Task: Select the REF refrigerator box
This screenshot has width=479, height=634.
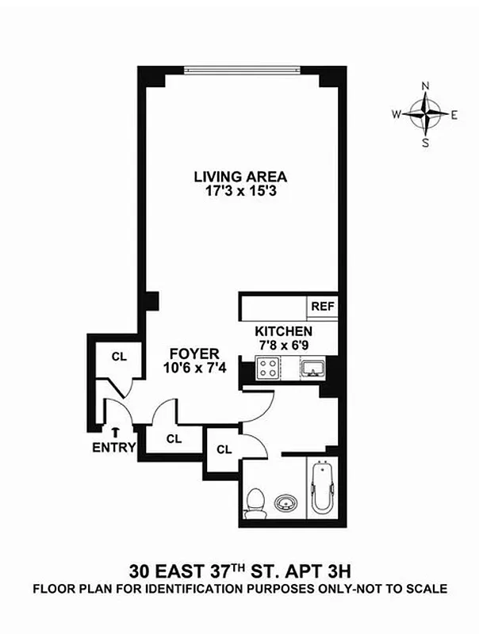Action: (x=322, y=306)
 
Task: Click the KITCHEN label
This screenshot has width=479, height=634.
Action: (x=283, y=331)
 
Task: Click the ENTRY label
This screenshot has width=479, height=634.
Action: (x=116, y=447)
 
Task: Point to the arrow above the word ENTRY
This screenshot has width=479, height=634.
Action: (x=116, y=432)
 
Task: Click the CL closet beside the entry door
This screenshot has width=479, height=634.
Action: (x=119, y=357)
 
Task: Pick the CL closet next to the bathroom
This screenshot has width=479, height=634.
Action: (x=224, y=449)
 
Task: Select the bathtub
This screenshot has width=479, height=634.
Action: (x=324, y=492)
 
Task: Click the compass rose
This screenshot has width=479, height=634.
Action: (x=426, y=114)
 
